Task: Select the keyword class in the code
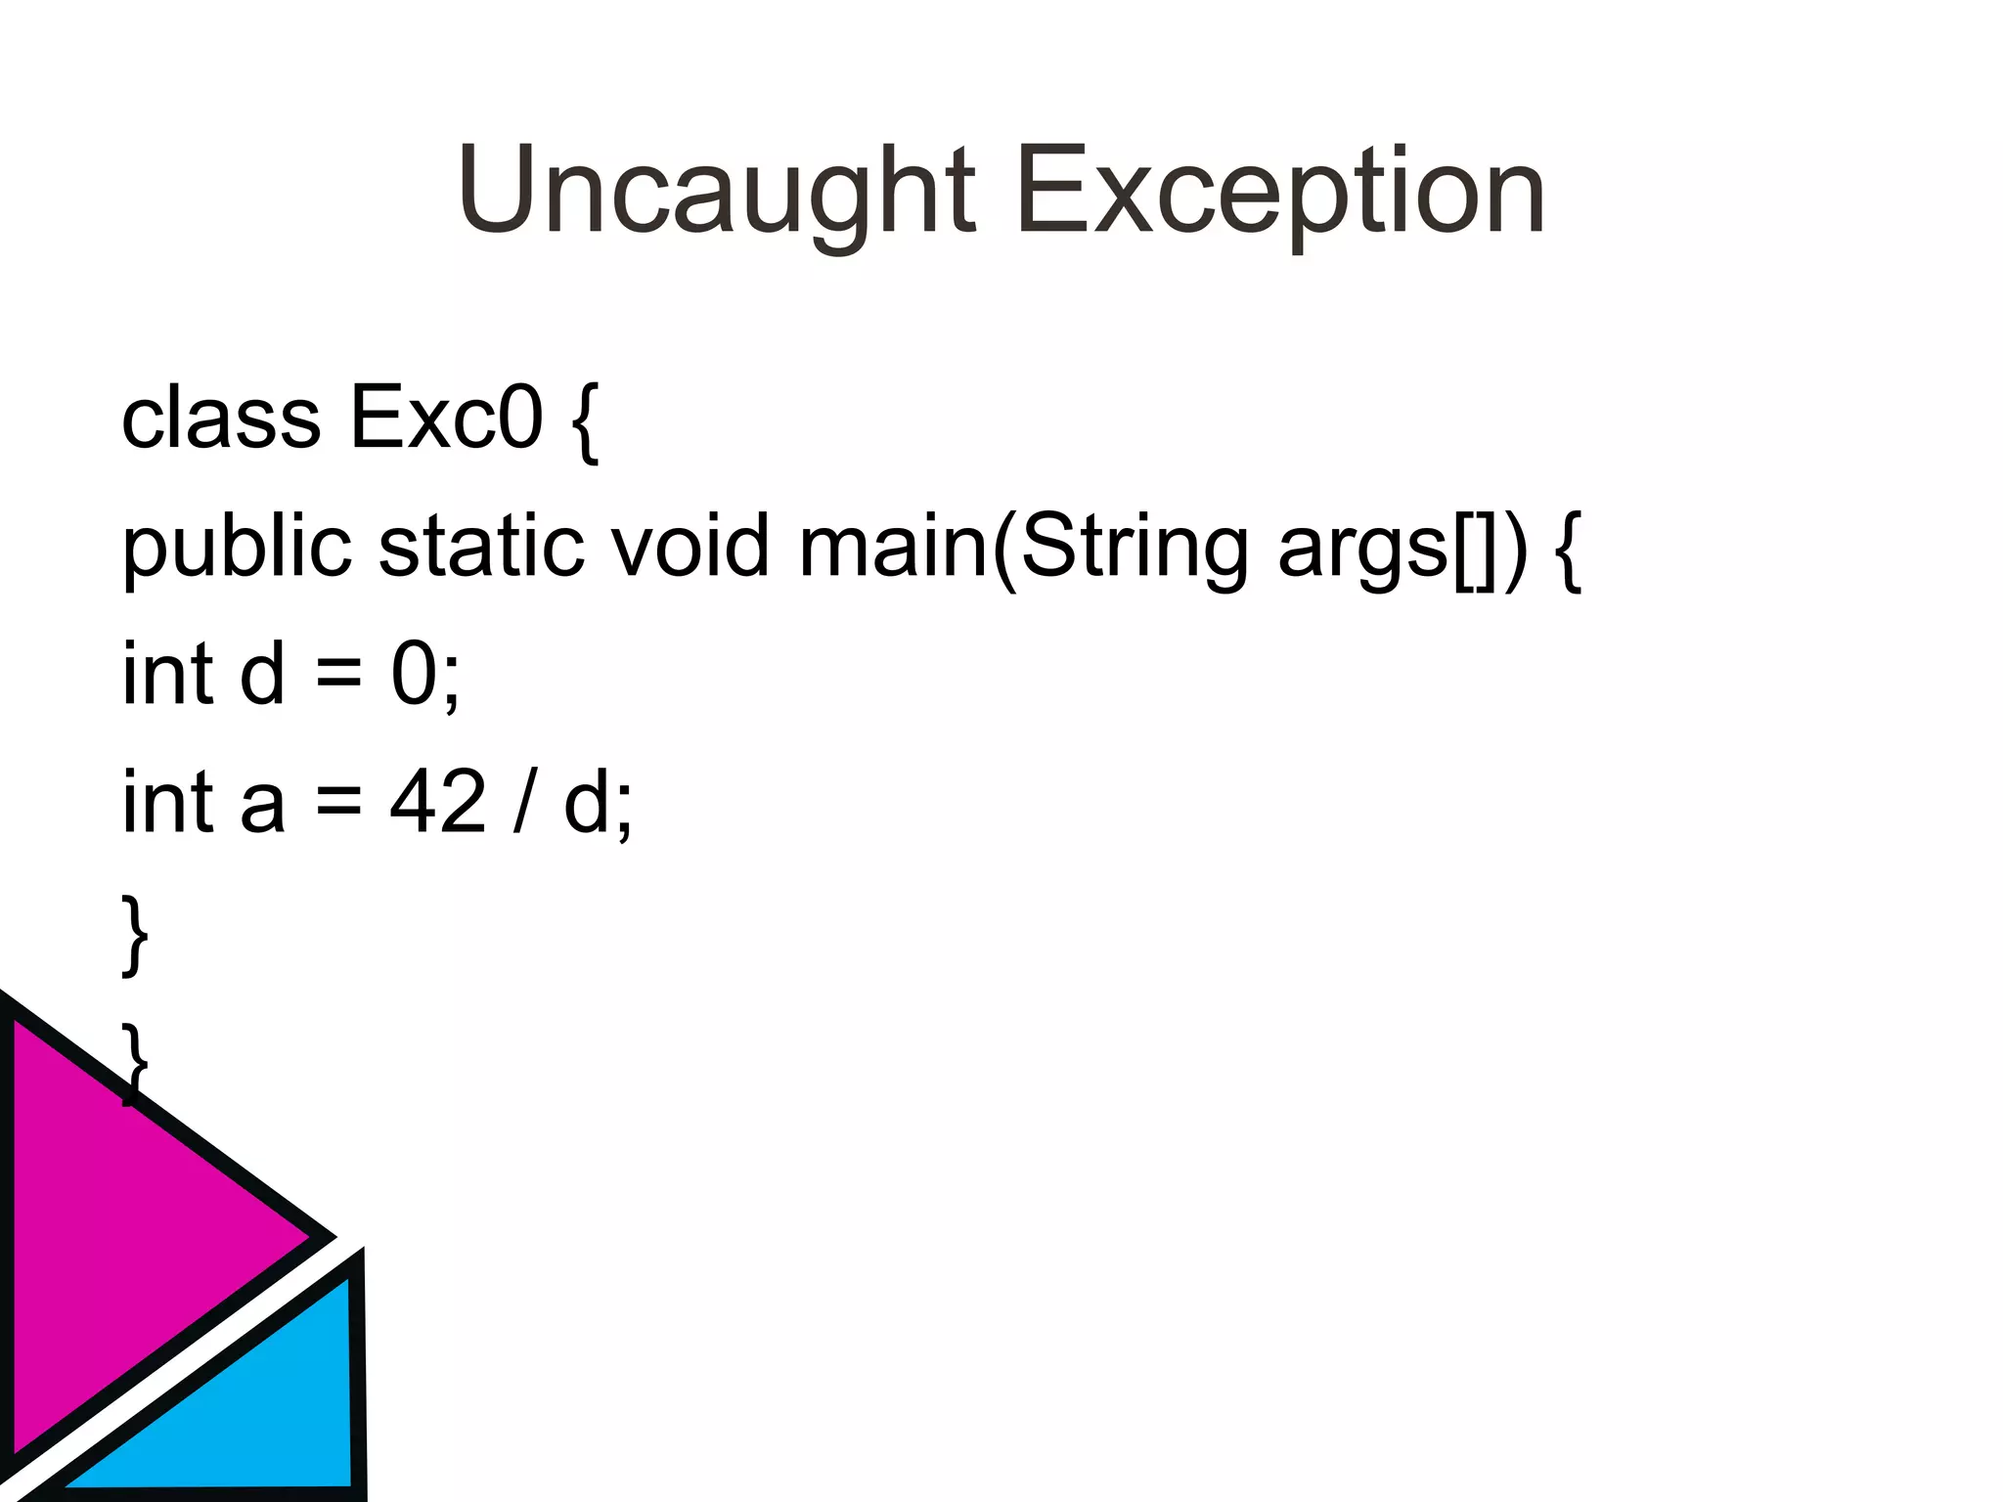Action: pos(221,419)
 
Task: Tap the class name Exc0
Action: pos(446,419)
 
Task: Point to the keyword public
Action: pos(236,548)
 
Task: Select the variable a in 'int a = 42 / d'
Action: pos(262,804)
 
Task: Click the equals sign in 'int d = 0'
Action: pos(338,675)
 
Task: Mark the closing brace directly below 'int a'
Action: pos(135,935)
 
